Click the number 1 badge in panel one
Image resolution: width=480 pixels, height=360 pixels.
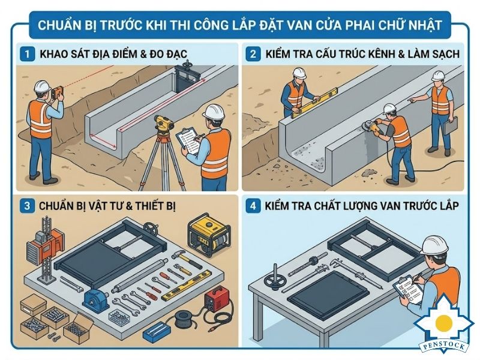[27, 54]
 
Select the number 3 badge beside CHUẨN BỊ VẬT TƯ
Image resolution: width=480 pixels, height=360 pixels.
[27, 206]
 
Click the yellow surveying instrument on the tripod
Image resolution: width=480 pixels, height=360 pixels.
[163, 125]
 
